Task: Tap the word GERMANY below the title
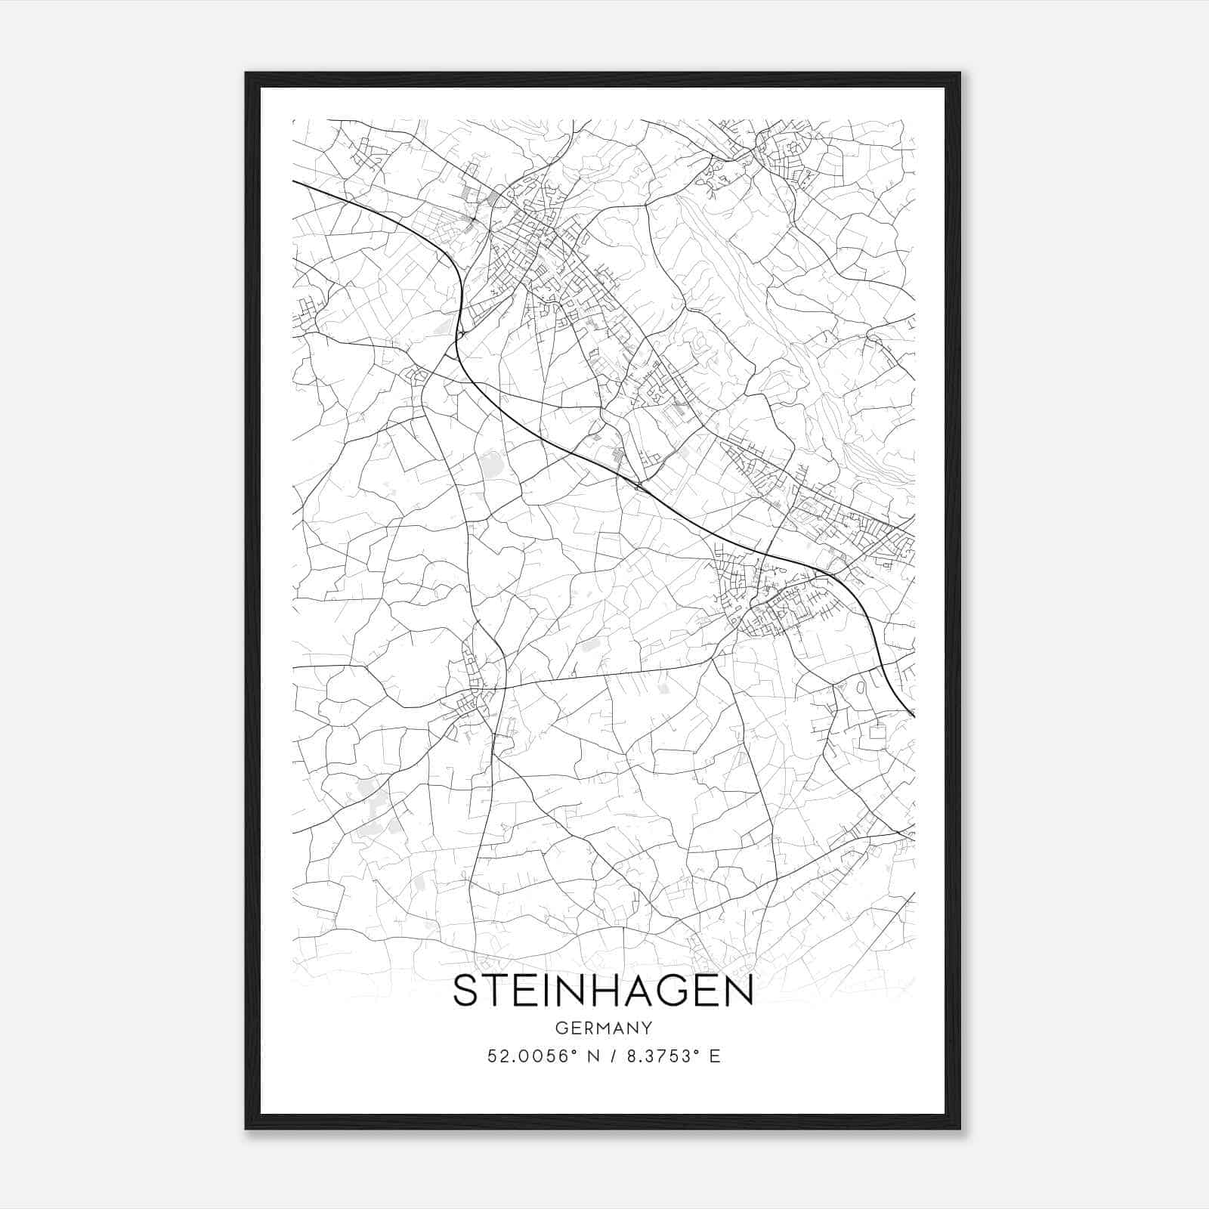point(603,1028)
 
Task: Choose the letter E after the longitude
point(715,1056)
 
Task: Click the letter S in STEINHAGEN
point(466,991)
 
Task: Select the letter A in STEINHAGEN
point(651,991)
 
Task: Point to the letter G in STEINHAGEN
point(688,991)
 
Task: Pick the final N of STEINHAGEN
point(741,991)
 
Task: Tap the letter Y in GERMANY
point(646,1028)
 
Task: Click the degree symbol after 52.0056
point(572,1052)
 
